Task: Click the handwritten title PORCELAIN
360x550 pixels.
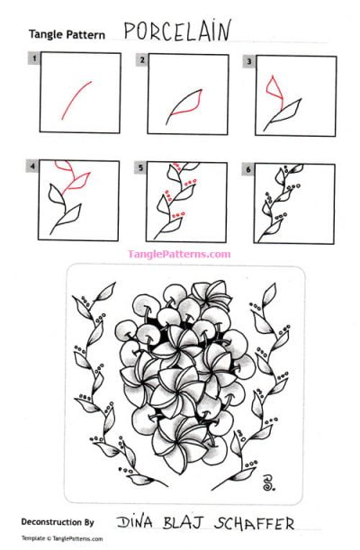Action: click(176, 32)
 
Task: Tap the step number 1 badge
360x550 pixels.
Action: click(34, 59)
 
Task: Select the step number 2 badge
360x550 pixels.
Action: click(142, 59)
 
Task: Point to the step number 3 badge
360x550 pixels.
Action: click(248, 59)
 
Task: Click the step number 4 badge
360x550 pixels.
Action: click(34, 167)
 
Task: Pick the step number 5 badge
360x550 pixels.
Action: click(142, 167)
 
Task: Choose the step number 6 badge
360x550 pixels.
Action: click(248, 167)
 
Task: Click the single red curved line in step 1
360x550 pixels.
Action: click(76, 99)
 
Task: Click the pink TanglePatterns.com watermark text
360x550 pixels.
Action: click(179, 254)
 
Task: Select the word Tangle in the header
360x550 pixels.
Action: click(46, 35)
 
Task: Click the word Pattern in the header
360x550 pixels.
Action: click(86, 35)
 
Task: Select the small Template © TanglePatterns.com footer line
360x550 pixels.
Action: click(62, 539)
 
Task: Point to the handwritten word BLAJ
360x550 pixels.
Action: click(185, 521)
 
